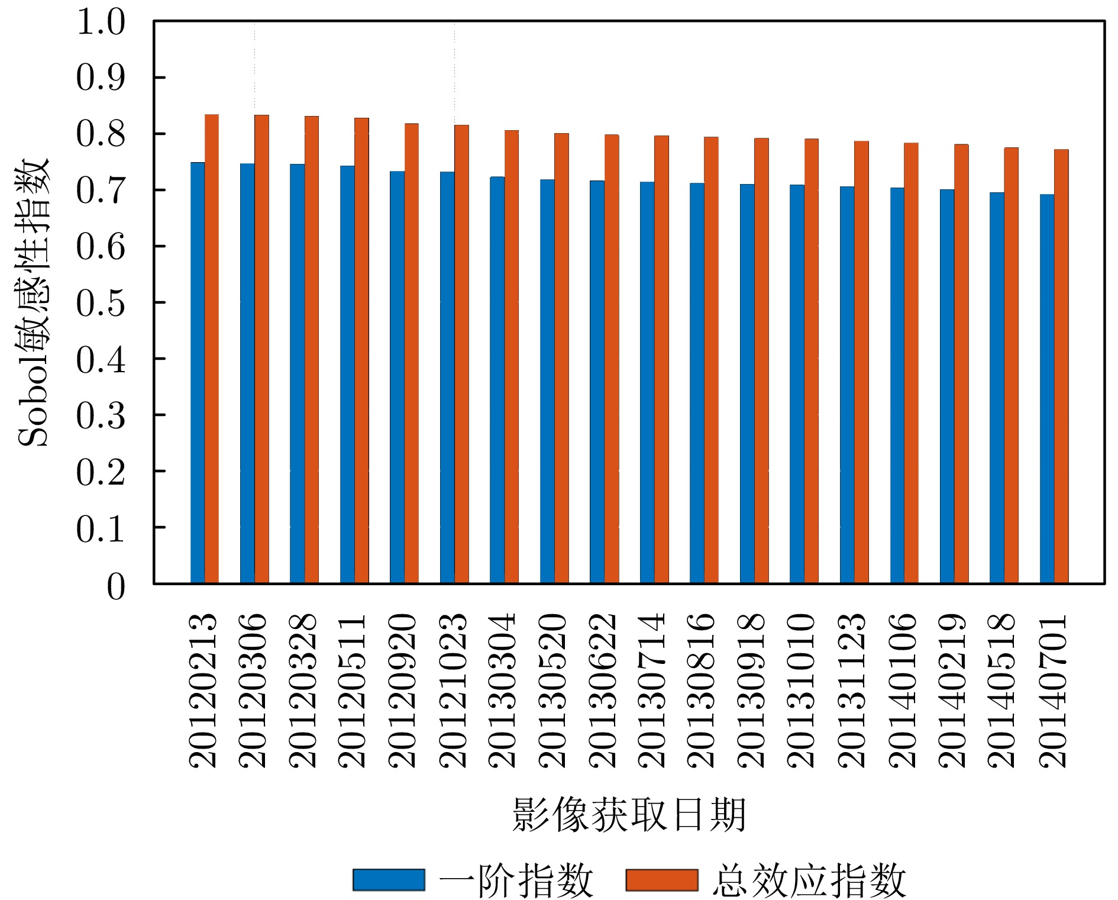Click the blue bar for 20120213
coord(198,373)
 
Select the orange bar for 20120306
coord(261,349)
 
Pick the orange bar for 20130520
coord(561,358)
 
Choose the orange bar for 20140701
coord(1061,366)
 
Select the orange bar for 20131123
coord(861,362)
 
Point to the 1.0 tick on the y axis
coord(101,22)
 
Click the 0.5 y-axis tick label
coord(101,303)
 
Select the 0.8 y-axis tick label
coord(101,134)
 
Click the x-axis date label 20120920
coord(403,691)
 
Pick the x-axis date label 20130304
coord(503,691)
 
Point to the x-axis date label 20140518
coord(1003,691)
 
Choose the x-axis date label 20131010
coord(803,691)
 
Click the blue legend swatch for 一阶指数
coord(389,879)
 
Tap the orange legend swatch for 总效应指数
coord(662,879)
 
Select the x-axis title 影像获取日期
coord(628,815)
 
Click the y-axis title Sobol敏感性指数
coord(34,302)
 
